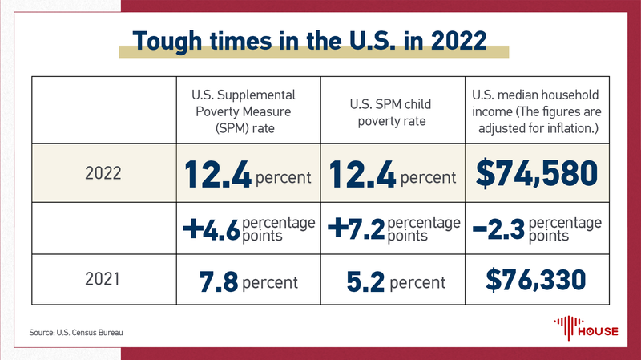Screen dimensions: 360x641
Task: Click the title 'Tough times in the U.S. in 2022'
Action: click(x=320, y=41)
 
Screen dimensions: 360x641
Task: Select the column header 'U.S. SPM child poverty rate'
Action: click(x=393, y=111)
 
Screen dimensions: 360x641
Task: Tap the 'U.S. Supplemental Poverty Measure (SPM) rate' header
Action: click(x=248, y=111)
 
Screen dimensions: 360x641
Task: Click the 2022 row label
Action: click(x=103, y=173)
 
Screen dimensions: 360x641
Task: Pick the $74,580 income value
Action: click(x=537, y=173)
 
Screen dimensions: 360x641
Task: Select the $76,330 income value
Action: click(x=537, y=280)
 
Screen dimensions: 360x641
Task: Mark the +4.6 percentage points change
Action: click(x=248, y=228)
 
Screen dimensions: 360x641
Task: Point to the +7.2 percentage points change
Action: click(x=393, y=228)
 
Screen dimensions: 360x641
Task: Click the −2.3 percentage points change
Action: click(x=537, y=228)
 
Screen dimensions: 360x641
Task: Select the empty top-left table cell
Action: click(x=103, y=111)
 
